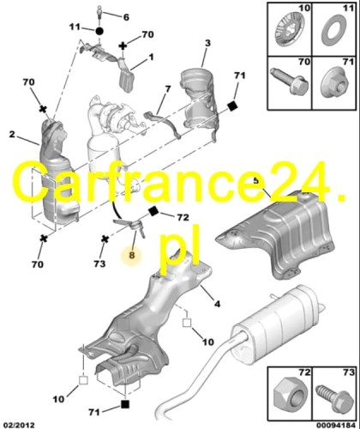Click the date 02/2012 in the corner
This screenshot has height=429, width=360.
(18, 425)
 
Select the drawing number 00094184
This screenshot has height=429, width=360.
(336, 425)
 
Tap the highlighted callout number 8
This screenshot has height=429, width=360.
(131, 255)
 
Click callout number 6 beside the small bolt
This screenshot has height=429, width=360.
(126, 17)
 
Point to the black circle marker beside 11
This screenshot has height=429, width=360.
(99, 31)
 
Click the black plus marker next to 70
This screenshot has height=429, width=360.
(123, 46)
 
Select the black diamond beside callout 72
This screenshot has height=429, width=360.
(153, 212)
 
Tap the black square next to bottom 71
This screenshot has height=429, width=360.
(125, 404)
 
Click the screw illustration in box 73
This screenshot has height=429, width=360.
(334, 398)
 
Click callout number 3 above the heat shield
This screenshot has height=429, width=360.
(207, 43)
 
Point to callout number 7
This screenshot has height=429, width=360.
(168, 89)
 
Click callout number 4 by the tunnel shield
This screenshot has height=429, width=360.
(218, 304)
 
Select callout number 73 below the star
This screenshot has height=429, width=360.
(99, 263)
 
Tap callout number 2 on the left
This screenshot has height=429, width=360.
(12, 134)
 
